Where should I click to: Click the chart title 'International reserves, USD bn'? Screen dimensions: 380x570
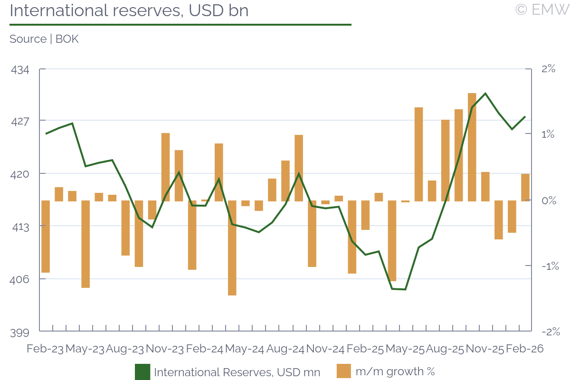point(129,10)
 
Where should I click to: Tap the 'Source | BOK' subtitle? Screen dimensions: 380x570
point(44,39)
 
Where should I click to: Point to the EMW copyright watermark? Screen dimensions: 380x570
point(541,9)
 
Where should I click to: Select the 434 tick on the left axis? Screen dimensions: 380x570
point(19,70)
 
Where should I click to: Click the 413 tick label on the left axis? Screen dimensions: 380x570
point(19,227)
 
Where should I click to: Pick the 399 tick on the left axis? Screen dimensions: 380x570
point(19,332)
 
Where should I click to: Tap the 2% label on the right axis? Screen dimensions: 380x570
point(548,69)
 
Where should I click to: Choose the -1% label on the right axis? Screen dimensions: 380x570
point(548,266)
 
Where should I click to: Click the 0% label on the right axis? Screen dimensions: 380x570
point(549,200)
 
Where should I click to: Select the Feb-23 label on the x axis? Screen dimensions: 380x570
point(45,349)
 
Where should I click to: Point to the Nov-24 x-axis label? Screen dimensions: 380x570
point(325,349)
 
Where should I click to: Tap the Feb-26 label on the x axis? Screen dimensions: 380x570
point(524,349)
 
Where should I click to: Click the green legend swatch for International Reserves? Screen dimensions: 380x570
point(142,371)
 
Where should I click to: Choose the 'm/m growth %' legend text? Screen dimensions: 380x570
point(395,371)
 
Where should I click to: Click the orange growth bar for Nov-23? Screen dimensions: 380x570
point(165,167)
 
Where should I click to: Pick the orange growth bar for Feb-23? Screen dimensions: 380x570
point(46,236)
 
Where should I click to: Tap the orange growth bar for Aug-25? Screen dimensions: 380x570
point(445,160)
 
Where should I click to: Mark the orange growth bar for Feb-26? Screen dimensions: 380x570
point(525,187)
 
